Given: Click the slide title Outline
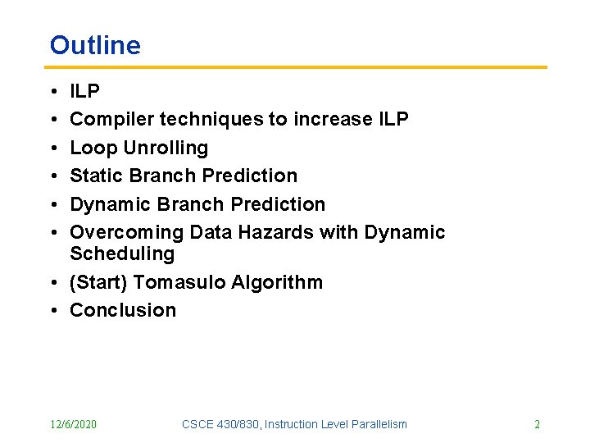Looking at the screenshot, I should [x=95, y=45].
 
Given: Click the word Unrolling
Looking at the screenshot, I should [x=166, y=148].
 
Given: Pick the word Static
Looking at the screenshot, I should [x=93, y=176].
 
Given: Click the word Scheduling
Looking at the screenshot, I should [x=122, y=254].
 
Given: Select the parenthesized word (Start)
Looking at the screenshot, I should [x=98, y=282].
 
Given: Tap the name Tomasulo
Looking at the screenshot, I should [x=179, y=282].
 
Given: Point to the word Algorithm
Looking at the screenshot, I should [x=277, y=282].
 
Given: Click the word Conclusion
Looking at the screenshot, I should [x=123, y=310].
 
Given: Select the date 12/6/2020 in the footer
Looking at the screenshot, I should [x=73, y=424].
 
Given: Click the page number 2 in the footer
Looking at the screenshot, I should [x=537, y=424].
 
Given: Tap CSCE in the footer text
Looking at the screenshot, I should [x=197, y=424].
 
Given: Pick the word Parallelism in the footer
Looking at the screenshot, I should [x=379, y=424].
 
